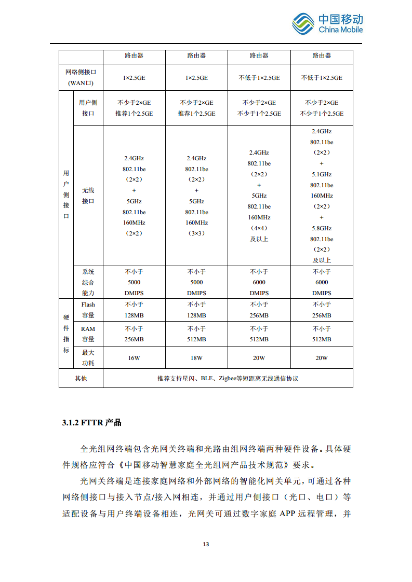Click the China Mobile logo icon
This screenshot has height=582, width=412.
pyautogui.click(x=303, y=23)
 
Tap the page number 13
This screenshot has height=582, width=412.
pyautogui.click(x=206, y=544)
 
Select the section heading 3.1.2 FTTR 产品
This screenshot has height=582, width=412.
pyautogui.click(x=91, y=422)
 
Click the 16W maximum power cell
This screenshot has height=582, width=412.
pyautogui.click(x=134, y=358)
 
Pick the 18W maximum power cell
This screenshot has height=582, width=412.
pyautogui.click(x=196, y=358)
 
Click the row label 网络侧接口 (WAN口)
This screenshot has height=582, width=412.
pyautogui.click(x=81, y=78)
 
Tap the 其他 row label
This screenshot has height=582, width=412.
pyautogui.click(x=81, y=379)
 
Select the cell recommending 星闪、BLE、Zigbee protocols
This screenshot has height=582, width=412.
pyautogui.click(x=228, y=379)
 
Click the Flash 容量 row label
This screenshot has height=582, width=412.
pyautogui.click(x=88, y=310)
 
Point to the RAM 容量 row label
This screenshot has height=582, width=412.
pyautogui.click(x=88, y=334)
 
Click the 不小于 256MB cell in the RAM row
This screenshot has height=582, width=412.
pyautogui.click(x=134, y=334)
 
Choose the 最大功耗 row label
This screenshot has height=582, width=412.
pyautogui.click(x=88, y=358)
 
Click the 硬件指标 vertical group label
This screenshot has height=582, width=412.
pyautogui.click(x=66, y=334)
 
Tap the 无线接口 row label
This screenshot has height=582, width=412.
pyautogui.click(x=88, y=196)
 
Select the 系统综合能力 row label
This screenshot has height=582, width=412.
pyautogui.click(x=88, y=282)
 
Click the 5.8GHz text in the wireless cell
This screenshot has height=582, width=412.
pyautogui.click(x=322, y=228)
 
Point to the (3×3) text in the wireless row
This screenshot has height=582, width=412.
pyautogui.click(x=196, y=233)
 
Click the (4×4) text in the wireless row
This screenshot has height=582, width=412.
pyautogui.click(x=259, y=228)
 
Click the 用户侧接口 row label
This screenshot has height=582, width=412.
pyautogui.click(x=88, y=108)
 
